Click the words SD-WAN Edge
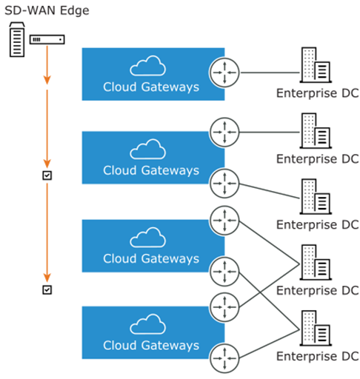pyautogui.click(x=47, y=10)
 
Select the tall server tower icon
pyautogui.click(x=17, y=39)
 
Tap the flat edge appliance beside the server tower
pyautogui.click(x=47, y=39)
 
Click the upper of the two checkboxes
pyautogui.click(x=47, y=175)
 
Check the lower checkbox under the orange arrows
pyautogui.click(x=47, y=289)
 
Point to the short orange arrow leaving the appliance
pyautogui.click(x=47, y=64)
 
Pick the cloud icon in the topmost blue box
pyautogui.click(x=147, y=66)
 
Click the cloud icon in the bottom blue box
pyautogui.click(x=147, y=324)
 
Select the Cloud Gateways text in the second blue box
pyautogui.click(x=151, y=170)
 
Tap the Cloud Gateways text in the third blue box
pyautogui.click(x=151, y=259)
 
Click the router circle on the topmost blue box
pyautogui.click(x=224, y=73)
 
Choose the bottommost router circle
pyautogui.click(x=224, y=358)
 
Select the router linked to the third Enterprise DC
pyautogui.click(x=224, y=184)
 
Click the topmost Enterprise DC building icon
pyautogui.click(x=316, y=65)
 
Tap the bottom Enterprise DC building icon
pyautogui.click(x=316, y=328)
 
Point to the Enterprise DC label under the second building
pyautogui.click(x=318, y=159)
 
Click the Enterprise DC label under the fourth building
pyautogui.click(x=318, y=290)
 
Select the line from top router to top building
pyautogui.click(x=270, y=73)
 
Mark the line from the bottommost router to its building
pyautogui.click(x=270, y=344)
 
